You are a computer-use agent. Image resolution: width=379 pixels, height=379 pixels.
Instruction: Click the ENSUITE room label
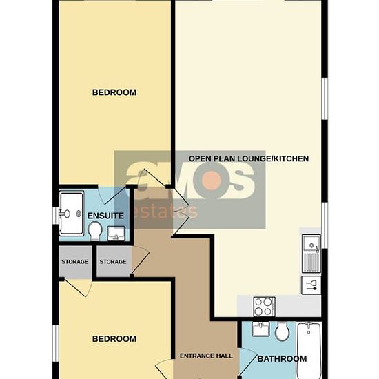click(105, 216)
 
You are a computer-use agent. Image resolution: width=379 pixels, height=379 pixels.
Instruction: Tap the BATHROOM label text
click(282, 359)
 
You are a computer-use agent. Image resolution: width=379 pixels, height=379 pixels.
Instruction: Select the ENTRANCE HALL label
click(206, 356)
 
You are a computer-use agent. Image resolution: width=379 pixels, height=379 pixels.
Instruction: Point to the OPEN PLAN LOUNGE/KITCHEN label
click(249, 158)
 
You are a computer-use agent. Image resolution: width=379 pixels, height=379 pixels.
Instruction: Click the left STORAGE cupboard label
click(74, 262)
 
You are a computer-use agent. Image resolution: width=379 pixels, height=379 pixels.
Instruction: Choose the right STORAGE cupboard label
click(113, 262)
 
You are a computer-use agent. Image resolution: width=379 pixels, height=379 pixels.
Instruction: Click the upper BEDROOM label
click(114, 92)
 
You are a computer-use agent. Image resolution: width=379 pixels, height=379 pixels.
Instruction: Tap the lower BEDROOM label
click(114, 339)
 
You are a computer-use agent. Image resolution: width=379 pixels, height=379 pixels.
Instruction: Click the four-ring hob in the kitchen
click(264, 307)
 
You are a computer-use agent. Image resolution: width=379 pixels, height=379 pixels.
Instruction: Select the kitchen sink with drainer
click(311, 254)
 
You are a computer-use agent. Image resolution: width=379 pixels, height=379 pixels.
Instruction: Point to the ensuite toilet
click(95, 231)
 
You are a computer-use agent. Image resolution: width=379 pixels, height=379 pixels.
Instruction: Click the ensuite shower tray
click(72, 214)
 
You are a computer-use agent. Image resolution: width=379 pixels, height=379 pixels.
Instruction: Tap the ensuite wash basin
click(116, 234)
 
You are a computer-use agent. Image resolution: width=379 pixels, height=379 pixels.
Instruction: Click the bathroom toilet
click(282, 331)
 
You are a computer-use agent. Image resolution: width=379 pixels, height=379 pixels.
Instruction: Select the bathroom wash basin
click(260, 329)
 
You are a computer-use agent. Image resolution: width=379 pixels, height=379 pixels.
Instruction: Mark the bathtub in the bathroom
click(309, 350)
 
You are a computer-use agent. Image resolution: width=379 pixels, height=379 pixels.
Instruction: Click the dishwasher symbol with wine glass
click(311, 285)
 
